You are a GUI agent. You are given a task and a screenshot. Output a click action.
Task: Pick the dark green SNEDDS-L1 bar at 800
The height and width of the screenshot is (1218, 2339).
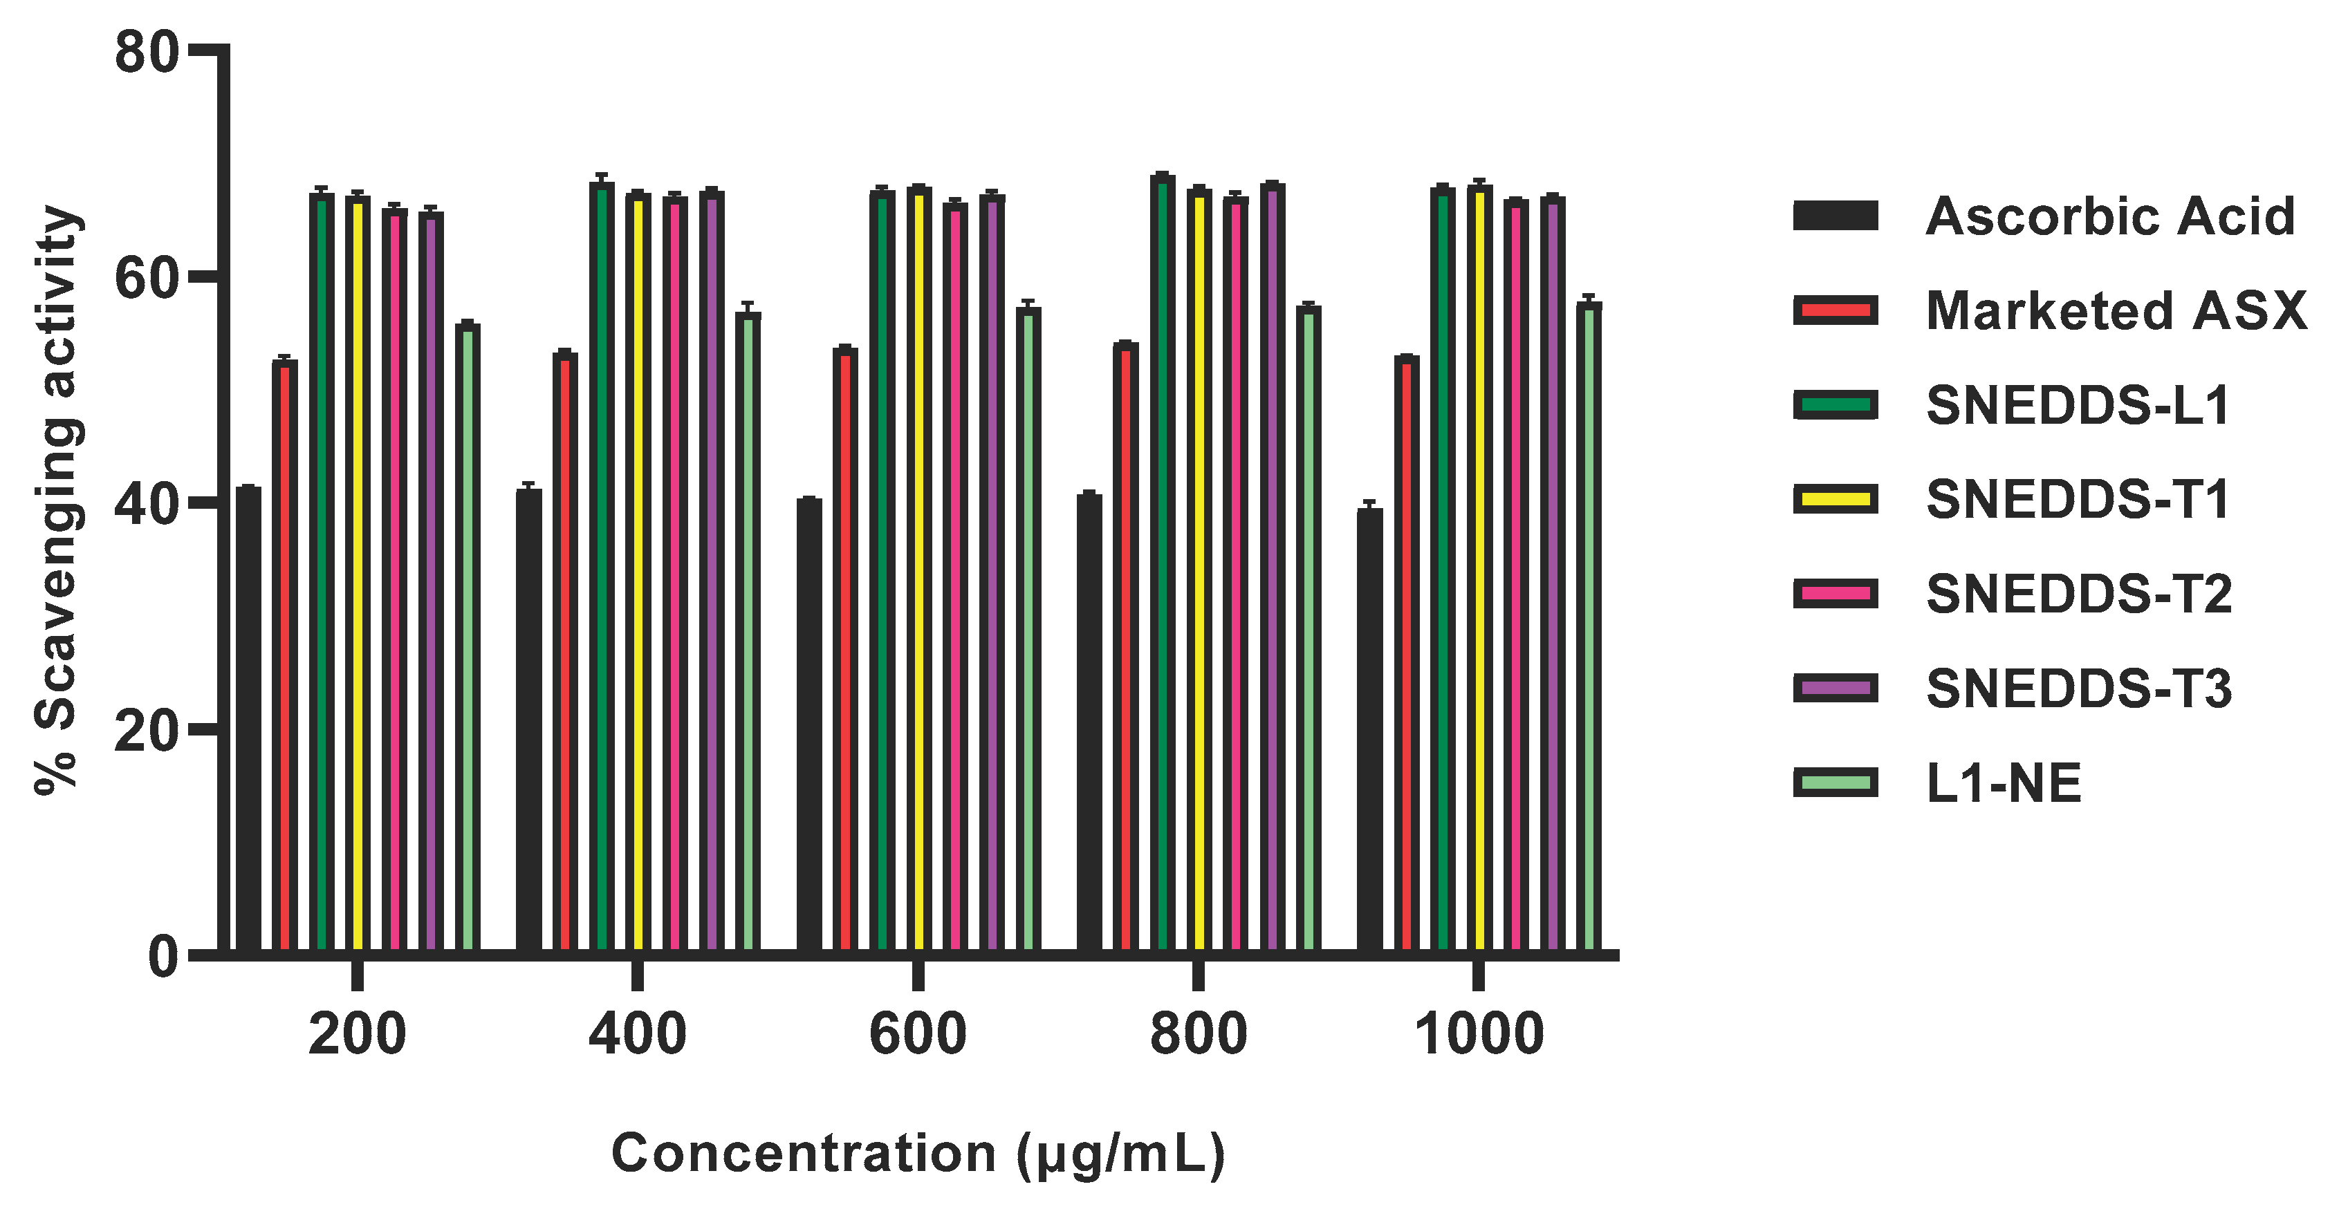1162,563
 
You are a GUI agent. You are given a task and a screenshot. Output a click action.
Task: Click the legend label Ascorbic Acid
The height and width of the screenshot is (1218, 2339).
2110,217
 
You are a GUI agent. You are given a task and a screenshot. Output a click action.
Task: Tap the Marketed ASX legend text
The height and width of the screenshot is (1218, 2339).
2116,311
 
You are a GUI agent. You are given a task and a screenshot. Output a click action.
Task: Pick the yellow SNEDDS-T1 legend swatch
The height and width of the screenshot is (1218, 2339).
1835,499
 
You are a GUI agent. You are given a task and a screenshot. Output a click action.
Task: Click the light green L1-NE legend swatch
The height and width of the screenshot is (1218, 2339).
1835,783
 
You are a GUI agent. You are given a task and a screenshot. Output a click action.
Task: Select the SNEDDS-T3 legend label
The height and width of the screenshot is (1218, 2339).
2078,689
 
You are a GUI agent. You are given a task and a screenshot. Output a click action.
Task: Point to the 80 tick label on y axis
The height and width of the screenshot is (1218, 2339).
145,52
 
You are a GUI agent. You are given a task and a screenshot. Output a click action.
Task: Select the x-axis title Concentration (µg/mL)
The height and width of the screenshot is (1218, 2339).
917,1154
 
